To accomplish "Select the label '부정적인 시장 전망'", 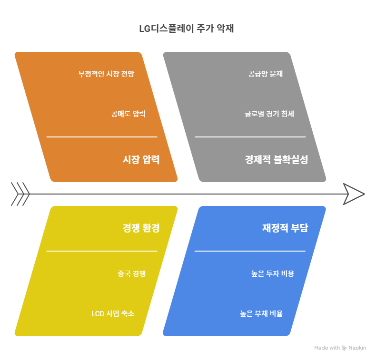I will [x=106, y=74].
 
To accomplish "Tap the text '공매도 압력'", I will [x=128, y=114].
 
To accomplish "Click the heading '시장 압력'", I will [x=141, y=160].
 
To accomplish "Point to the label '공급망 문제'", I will [x=266, y=74].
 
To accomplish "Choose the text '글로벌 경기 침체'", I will [x=269, y=114].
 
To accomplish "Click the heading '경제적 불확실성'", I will [x=276, y=160].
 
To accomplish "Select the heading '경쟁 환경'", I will [x=141, y=228].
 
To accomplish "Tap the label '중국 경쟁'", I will [x=131, y=273].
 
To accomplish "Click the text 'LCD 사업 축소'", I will [x=113, y=313].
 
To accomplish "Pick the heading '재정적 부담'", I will [x=285, y=228].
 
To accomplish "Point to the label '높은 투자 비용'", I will [x=273, y=273].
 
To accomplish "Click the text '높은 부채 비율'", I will [x=261, y=313].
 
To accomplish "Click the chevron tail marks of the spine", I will [x=20, y=194].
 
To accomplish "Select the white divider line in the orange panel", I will [x=101, y=137].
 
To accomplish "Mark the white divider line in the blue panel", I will [x=250, y=251].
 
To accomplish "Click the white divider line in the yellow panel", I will [x=101, y=251].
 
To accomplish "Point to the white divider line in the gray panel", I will [x=250, y=137].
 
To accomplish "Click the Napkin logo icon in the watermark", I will [x=345, y=348].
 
